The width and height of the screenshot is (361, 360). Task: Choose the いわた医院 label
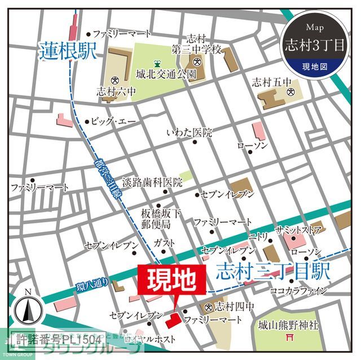(189, 133)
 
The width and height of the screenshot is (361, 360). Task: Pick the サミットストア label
(298, 230)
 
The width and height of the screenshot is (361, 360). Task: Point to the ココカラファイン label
(298, 291)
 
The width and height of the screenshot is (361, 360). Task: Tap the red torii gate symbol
(292, 338)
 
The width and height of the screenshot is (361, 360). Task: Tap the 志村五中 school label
(269, 80)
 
